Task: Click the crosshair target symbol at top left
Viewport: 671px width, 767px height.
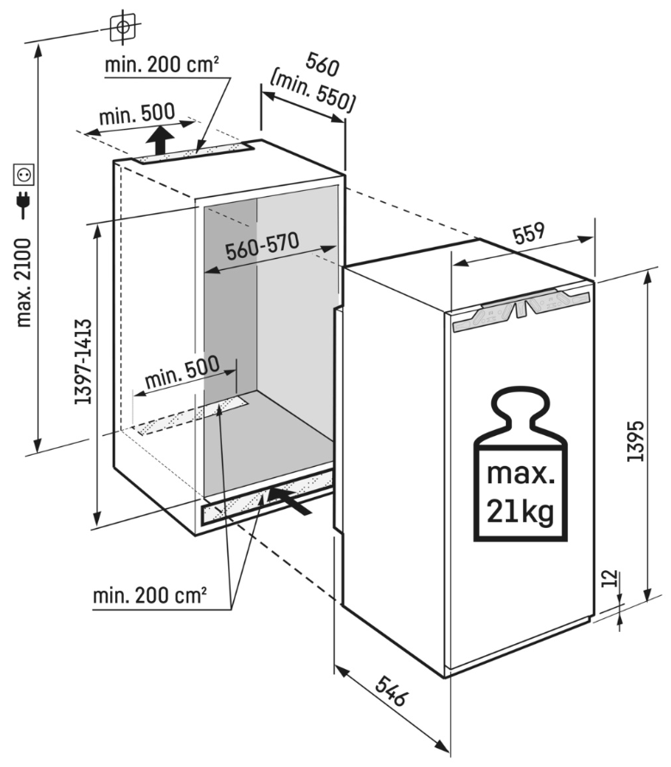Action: click(124, 27)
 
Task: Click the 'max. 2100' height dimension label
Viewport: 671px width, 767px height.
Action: click(24, 283)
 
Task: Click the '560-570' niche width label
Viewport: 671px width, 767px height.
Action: click(262, 247)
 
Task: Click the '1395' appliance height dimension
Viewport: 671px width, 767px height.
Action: click(636, 442)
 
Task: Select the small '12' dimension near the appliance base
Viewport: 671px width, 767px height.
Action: click(610, 577)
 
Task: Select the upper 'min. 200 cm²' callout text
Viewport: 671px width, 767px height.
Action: click(162, 64)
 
